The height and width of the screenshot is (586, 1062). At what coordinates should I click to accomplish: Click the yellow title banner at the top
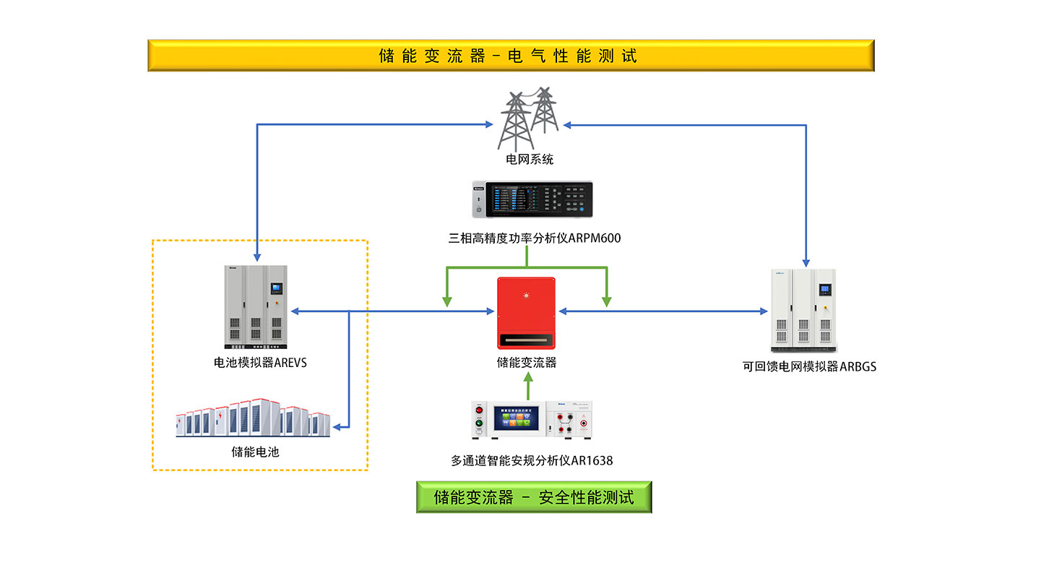(x=511, y=56)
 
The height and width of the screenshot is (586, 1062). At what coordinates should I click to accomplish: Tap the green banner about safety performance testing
(x=534, y=497)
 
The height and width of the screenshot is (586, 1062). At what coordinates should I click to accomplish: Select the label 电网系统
(x=530, y=159)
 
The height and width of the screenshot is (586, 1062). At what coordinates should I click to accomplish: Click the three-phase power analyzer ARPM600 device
(x=532, y=199)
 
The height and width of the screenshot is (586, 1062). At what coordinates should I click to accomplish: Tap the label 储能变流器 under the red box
(x=527, y=363)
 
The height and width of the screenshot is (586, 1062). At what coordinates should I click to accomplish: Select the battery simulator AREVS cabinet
(x=256, y=306)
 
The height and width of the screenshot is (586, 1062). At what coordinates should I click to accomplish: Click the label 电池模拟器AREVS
(x=260, y=363)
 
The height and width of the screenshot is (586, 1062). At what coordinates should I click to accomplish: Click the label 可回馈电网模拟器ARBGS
(x=809, y=366)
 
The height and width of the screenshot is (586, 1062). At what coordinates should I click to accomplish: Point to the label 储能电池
(x=255, y=452)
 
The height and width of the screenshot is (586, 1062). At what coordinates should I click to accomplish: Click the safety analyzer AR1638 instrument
(x=533, y=420)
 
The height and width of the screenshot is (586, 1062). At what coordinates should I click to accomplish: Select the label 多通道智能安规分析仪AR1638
(x=532, y=460)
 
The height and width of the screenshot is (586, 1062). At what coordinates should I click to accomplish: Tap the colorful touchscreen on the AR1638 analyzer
(x=516, y=418)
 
